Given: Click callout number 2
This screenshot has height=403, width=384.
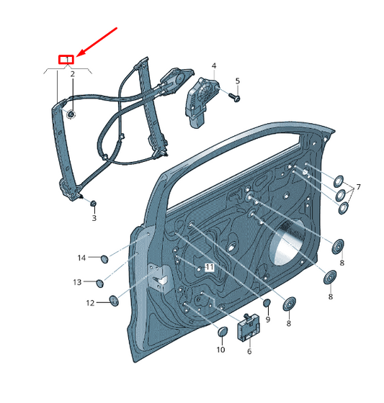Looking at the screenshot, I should tap(72, 73).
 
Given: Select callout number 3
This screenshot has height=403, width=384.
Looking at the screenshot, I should tap(93, 217).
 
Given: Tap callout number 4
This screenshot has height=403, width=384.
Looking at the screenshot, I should tap(214, 66).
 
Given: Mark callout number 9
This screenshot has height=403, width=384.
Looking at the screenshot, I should tap(267, 320).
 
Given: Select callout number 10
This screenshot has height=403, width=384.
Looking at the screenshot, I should tap(220, 350).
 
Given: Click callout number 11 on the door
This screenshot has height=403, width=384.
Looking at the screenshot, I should tap(210, 267).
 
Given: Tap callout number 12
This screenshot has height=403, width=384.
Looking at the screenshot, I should tap(90, 303).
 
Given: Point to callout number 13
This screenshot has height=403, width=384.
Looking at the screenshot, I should tap(77, 281).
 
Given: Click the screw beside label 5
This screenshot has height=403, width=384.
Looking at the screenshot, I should tap(234, 95).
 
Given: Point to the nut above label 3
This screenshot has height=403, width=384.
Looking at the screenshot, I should tap(92, 203).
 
